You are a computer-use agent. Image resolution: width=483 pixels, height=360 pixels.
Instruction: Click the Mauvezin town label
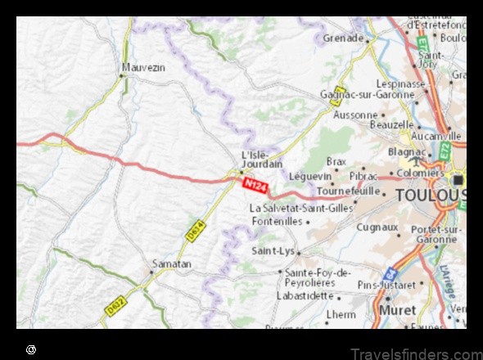coord(142,67)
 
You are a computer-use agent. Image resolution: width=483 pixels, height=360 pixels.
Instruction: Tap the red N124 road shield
coord(255,186)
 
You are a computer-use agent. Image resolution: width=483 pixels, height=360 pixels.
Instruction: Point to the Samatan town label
coord(172,263)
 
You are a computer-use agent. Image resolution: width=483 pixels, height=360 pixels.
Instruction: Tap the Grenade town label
coord(343,38)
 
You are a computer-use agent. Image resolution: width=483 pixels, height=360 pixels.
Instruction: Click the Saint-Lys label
coord(273,250)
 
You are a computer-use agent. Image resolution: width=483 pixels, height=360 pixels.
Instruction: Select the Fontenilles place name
coord(277,221)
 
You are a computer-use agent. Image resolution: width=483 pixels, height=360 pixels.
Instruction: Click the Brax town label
coord(336,161)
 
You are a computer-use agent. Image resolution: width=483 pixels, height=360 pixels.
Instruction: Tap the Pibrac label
coord(363,176)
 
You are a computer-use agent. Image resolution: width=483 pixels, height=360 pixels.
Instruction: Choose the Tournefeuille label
coord(349,191)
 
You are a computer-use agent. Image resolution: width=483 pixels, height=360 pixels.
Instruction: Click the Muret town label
coord(397,310)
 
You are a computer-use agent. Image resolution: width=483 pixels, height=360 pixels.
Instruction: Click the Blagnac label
coord(406,151)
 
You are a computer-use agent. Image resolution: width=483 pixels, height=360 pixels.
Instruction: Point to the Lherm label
coord(341,313)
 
